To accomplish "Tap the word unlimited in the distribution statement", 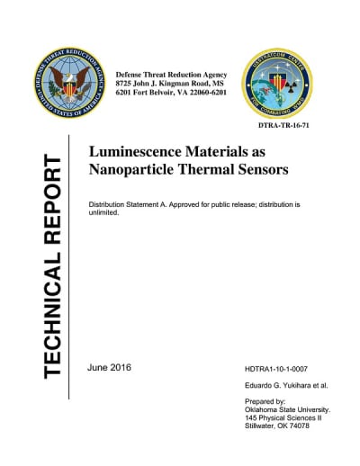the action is [x=106, y=215].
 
